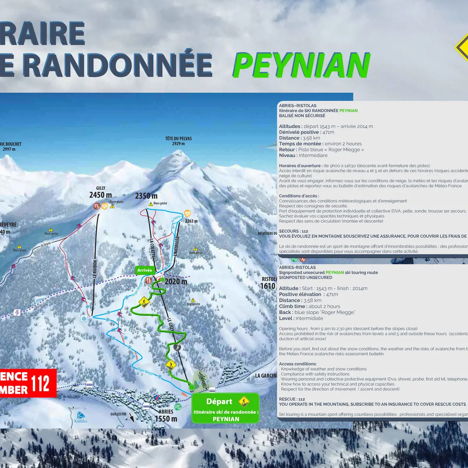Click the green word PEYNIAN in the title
pyautogui.click(x=301, y=66)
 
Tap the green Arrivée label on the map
pyautogui.click(x=145, y=270)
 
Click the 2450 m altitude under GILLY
pyautogui.click(x=101, y=195)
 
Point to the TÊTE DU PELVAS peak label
pyautogui.click(x=178, y=141)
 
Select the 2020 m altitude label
pyautogui.click(x=176, y=282)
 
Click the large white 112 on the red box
pyautogui.click(x=41, y=383)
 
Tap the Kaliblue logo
pyautogui.click(x=81, y=417)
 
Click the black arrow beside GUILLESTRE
pyautogui.click(x=131, y=418)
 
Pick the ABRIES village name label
pyautogui.click(x=166, y=412)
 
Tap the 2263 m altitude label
pyautogui.click(x=191, y=221)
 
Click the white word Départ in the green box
pyautogui.click(x=219, y=401)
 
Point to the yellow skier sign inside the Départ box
pyautogui.click(x=244, y=401)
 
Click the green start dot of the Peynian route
pyautogui.click(x=191, y=387)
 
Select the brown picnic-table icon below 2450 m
pyautogui.click(x=96, y=206)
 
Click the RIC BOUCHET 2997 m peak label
pyautogui.click(x=11, y=146)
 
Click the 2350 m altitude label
pyautogui.click(x=146, y=196)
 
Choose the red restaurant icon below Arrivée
pyautogui.click(x=148, y=280)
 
